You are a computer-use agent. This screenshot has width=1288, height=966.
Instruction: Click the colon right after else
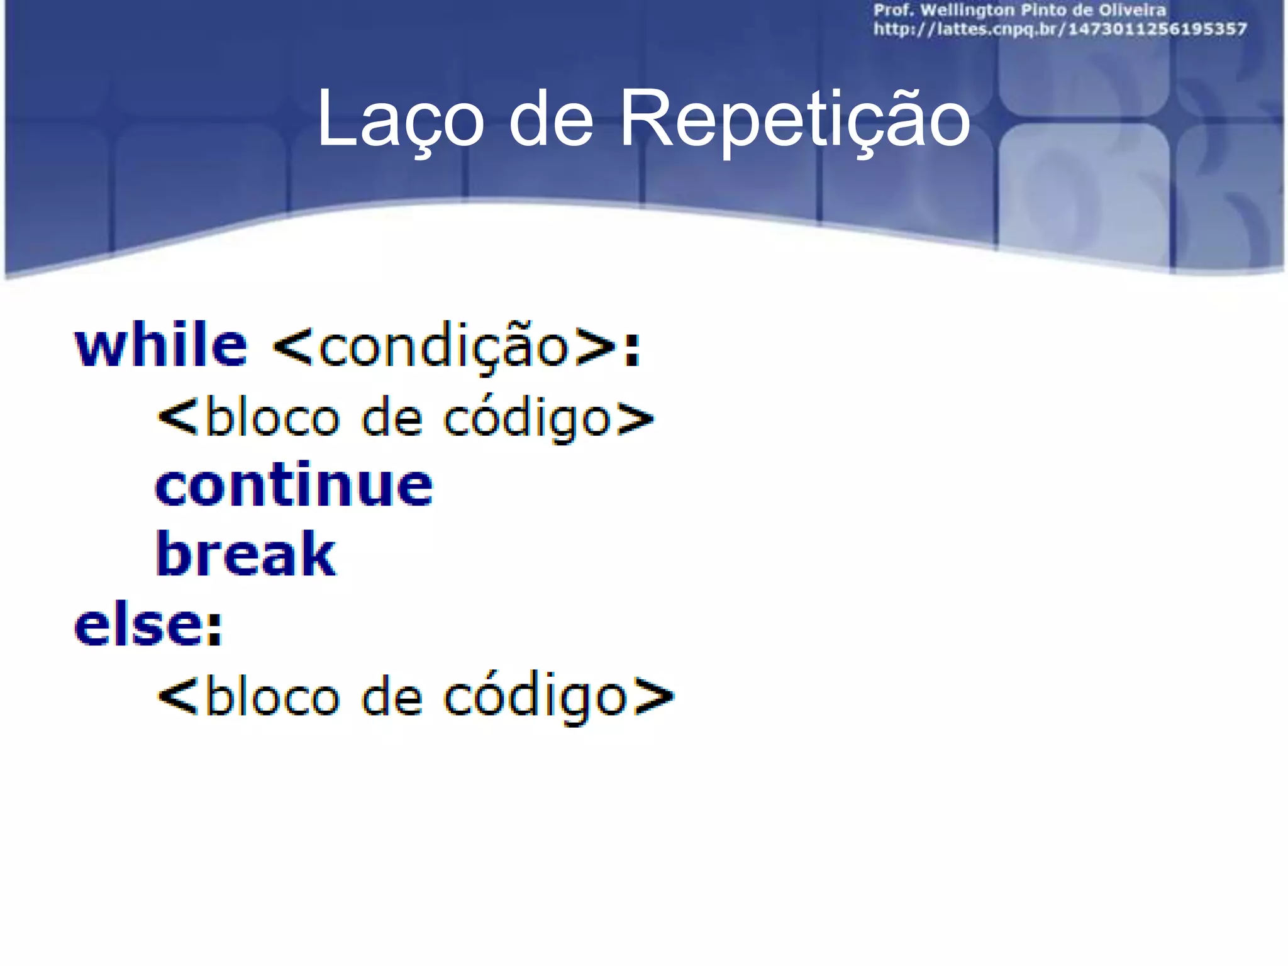point(215,628)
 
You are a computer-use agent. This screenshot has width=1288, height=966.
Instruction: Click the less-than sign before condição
point(293,347)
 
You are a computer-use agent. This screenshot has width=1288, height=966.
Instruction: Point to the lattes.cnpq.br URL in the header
point(1060,29)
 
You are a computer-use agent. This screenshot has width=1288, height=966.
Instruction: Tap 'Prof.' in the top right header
point(893,11)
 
